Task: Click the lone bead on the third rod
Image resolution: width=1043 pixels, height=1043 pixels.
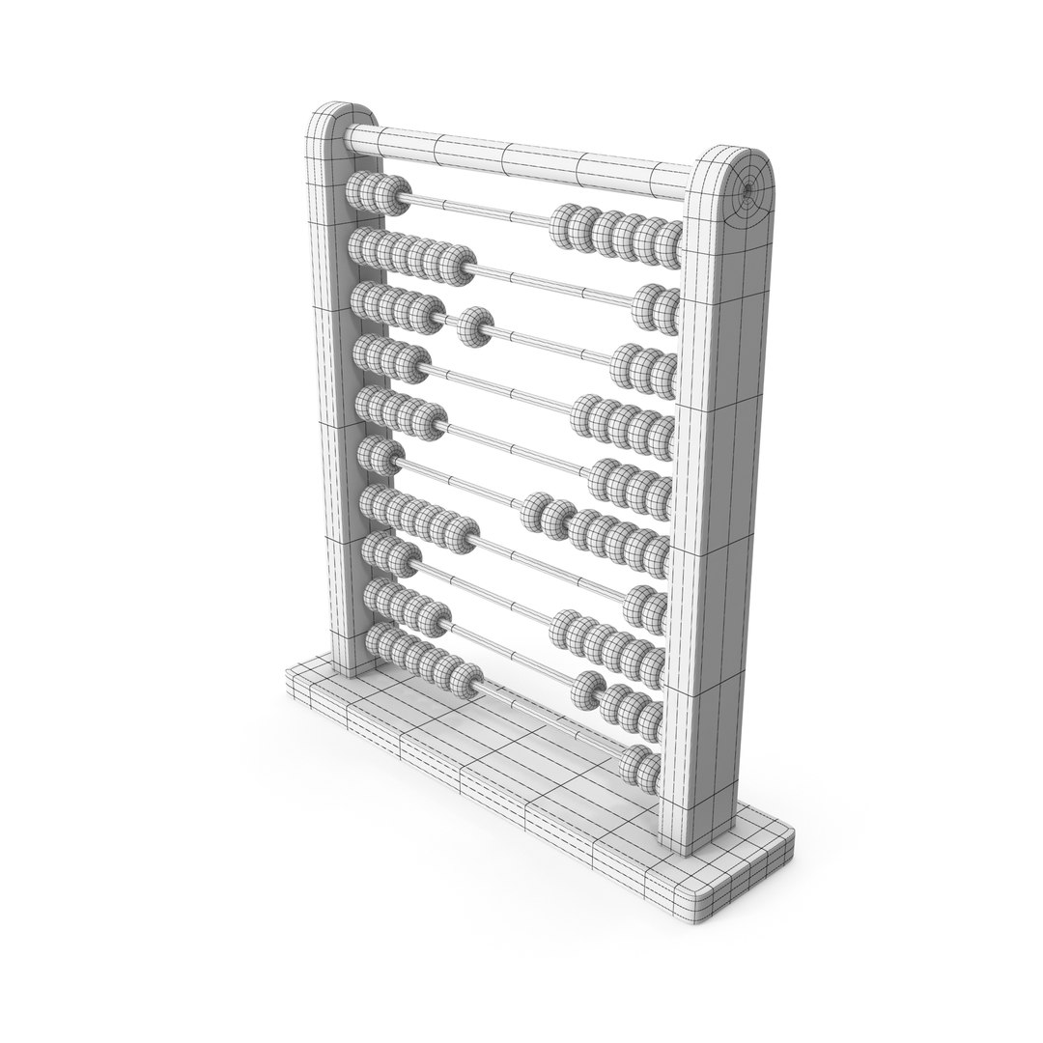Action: (x=474, y=326)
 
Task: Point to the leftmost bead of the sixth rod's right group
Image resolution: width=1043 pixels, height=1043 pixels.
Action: (x=604, y=478)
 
